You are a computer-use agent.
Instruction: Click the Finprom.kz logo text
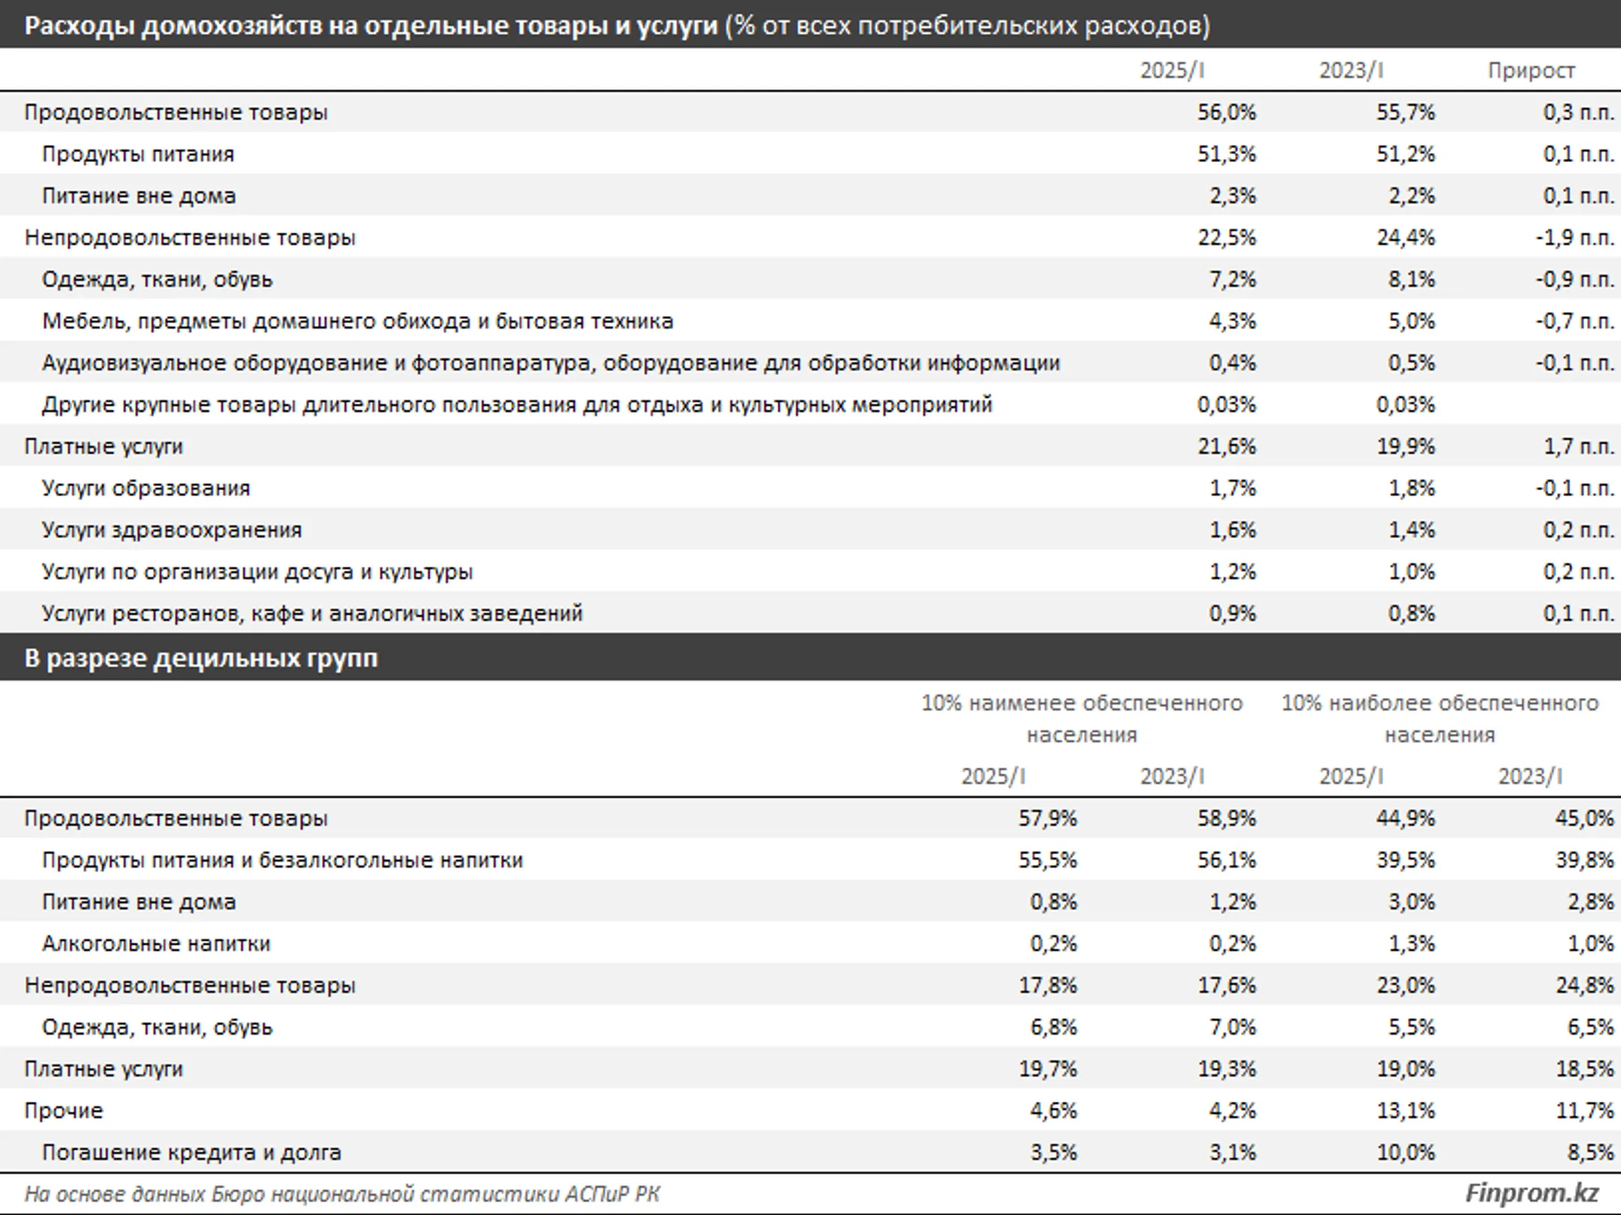[1531, 1192]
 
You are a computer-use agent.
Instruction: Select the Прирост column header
[1531, 71]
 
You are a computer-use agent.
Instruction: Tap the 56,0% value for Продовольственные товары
[1226, 113]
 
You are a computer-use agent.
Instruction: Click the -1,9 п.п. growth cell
[1574, 238]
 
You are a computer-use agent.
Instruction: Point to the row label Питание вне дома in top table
[139, 196]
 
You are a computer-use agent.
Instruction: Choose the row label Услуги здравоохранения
[172, 530]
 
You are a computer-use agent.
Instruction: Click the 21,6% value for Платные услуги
[1226, 447]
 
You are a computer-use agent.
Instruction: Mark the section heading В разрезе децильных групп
[201, 658]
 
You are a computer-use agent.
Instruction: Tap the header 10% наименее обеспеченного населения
[1081, 718]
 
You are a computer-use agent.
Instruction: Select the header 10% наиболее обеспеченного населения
[1439, 718]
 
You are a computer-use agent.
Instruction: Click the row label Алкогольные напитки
[156, 943]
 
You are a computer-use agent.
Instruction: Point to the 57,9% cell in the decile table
[1047, 818]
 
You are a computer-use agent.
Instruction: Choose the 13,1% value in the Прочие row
[1405, 1111]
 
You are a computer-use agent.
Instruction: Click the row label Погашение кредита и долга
[191, 1152]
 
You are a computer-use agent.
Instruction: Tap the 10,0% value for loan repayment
[1405, 1152]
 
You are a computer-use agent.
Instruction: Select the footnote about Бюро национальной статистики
[342, 1193]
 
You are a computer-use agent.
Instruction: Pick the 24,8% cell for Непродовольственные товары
[1584, 985]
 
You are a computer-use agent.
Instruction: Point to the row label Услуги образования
[146, 489]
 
